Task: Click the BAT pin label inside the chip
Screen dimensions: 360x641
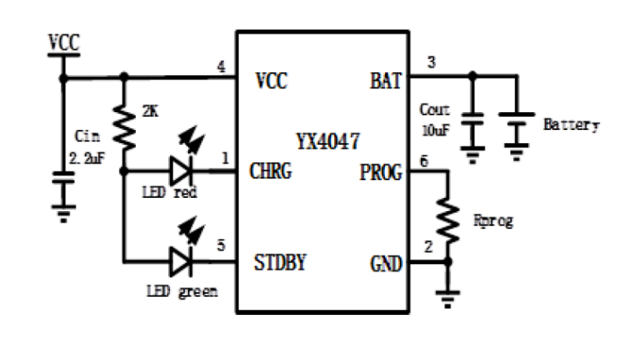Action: tap(384, 81)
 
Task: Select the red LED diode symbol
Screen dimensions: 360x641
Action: tap(182, 173)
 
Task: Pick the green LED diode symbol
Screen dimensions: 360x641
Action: tap(182, 263)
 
